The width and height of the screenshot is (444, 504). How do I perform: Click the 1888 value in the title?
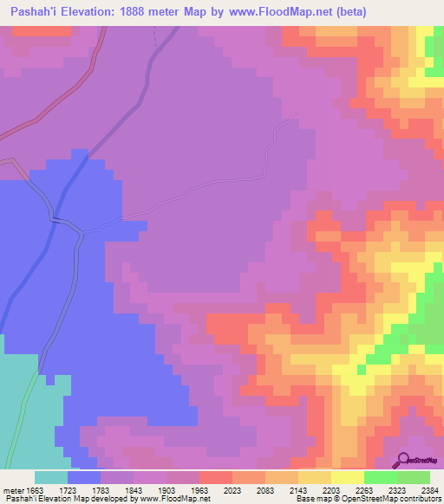(153, 12)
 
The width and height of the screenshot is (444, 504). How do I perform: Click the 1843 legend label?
(134, 489)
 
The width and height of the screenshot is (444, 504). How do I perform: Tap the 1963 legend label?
(199, 489)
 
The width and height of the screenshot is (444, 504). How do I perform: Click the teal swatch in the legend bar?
(51, 477)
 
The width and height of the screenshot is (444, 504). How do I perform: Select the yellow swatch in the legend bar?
(347, 477)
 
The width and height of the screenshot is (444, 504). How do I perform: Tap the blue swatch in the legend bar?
(84, 477)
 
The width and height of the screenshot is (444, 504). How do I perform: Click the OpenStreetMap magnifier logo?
(404, 459)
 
